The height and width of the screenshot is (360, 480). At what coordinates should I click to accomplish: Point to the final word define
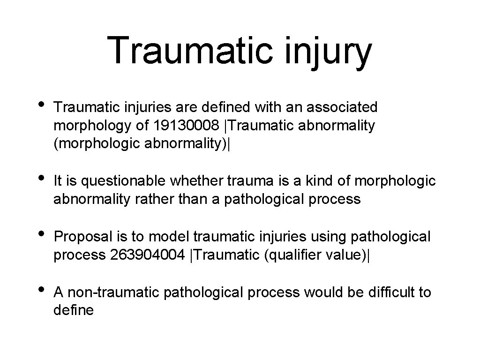point(74,310)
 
